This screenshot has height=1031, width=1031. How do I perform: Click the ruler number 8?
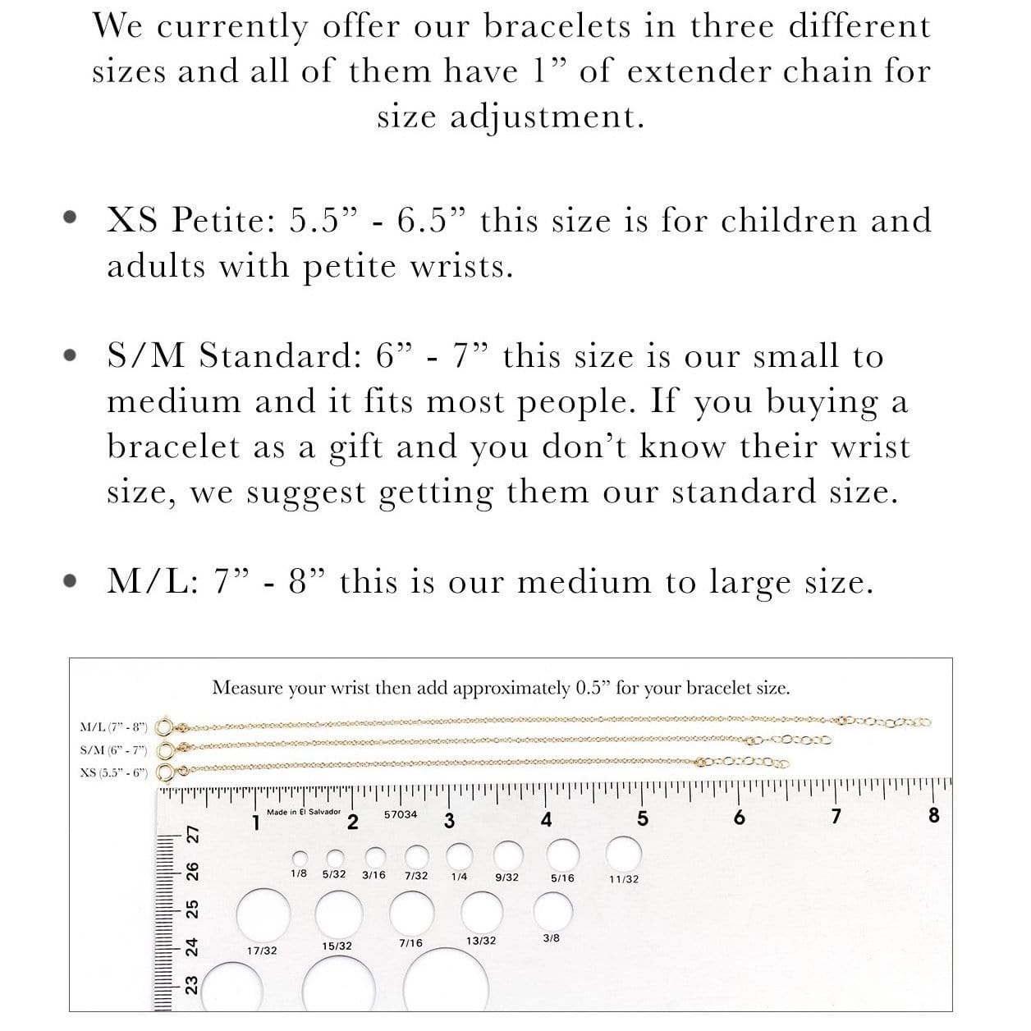tap(933, 816)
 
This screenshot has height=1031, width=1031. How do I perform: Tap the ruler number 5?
tap(643, 819)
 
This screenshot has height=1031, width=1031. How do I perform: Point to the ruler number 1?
tap(256, 822)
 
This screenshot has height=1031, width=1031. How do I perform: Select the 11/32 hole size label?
tap(624, 879)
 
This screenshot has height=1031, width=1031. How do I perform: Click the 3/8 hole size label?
tap(552, 937)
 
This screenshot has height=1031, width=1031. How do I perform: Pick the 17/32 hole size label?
tap(262, 951)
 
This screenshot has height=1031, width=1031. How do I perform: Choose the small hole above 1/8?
tap(300, 857)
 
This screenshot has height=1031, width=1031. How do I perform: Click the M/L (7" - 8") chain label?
tap(113, 727)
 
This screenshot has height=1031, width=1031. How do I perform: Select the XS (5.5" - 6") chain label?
tap(113, 772)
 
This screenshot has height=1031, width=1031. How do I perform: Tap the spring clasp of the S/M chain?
tap(164, 749)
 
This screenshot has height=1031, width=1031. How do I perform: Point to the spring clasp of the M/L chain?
tap(164, 727)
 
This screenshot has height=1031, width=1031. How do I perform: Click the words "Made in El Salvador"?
tap(303, 812)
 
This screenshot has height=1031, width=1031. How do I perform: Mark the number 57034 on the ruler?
tap(401, 814)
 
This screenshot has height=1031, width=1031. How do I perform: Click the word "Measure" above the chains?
tap(247, 688)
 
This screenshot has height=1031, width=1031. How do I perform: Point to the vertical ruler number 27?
tap(194, 834)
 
